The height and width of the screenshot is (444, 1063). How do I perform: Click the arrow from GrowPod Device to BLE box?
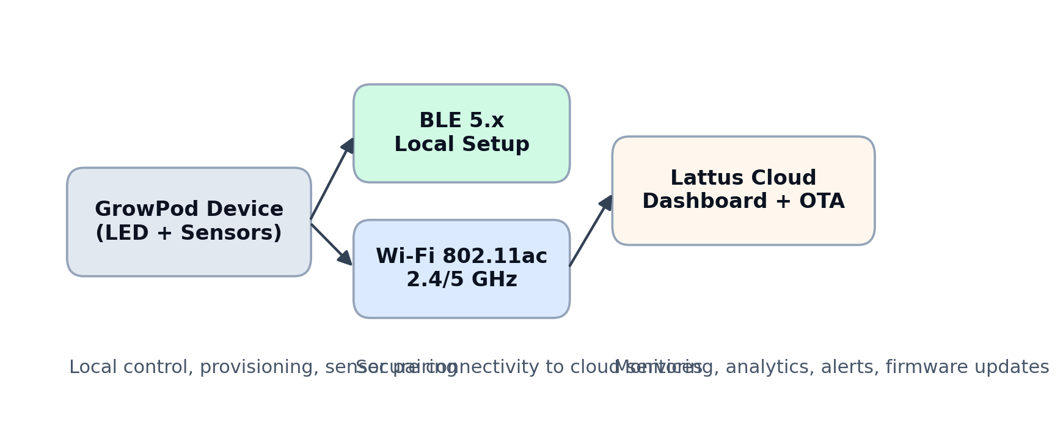[330, 181]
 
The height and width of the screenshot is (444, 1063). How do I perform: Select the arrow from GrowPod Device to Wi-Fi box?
[330, 243]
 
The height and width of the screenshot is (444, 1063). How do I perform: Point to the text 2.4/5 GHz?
[461, 280]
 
